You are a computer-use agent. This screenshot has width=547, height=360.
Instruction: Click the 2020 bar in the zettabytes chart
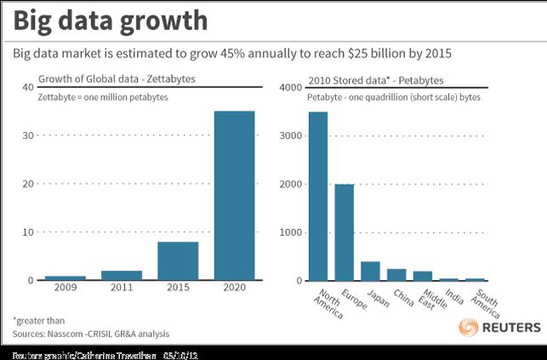(233, 195)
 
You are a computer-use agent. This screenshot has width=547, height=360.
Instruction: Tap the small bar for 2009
(66, 277)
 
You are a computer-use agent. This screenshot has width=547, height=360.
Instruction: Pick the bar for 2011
(122, 275)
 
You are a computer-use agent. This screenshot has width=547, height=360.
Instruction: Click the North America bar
(317, 196)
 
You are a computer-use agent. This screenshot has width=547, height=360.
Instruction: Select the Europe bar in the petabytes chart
(344, 231)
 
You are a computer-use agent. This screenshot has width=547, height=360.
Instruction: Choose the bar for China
(396, 274)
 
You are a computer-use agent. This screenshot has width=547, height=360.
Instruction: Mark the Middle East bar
(423, 276)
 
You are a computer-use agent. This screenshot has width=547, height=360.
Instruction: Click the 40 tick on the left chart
(28, 88)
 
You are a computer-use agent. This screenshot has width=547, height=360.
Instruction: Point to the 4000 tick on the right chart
(291, 88)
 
